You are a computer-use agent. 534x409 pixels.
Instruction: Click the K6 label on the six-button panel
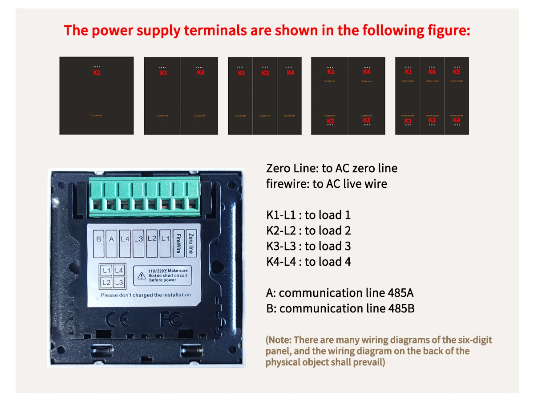432,72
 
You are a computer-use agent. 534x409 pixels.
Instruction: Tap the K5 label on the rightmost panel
457,72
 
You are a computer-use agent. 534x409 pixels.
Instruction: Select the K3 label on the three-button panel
265,73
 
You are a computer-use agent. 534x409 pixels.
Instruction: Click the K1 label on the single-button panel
97,73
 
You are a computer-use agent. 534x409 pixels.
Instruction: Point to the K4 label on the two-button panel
201,73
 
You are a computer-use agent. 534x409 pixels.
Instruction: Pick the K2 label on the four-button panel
330,121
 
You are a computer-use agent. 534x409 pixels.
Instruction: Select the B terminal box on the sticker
99,239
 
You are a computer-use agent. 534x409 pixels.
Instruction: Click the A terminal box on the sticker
112,239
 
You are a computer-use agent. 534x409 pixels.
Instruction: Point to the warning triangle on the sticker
142,275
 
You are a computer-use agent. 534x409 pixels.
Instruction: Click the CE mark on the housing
118,319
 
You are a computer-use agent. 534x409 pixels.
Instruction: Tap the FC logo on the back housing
171,319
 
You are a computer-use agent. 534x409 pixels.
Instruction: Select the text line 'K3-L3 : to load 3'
308,246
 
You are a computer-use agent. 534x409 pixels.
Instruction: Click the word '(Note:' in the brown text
279,340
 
